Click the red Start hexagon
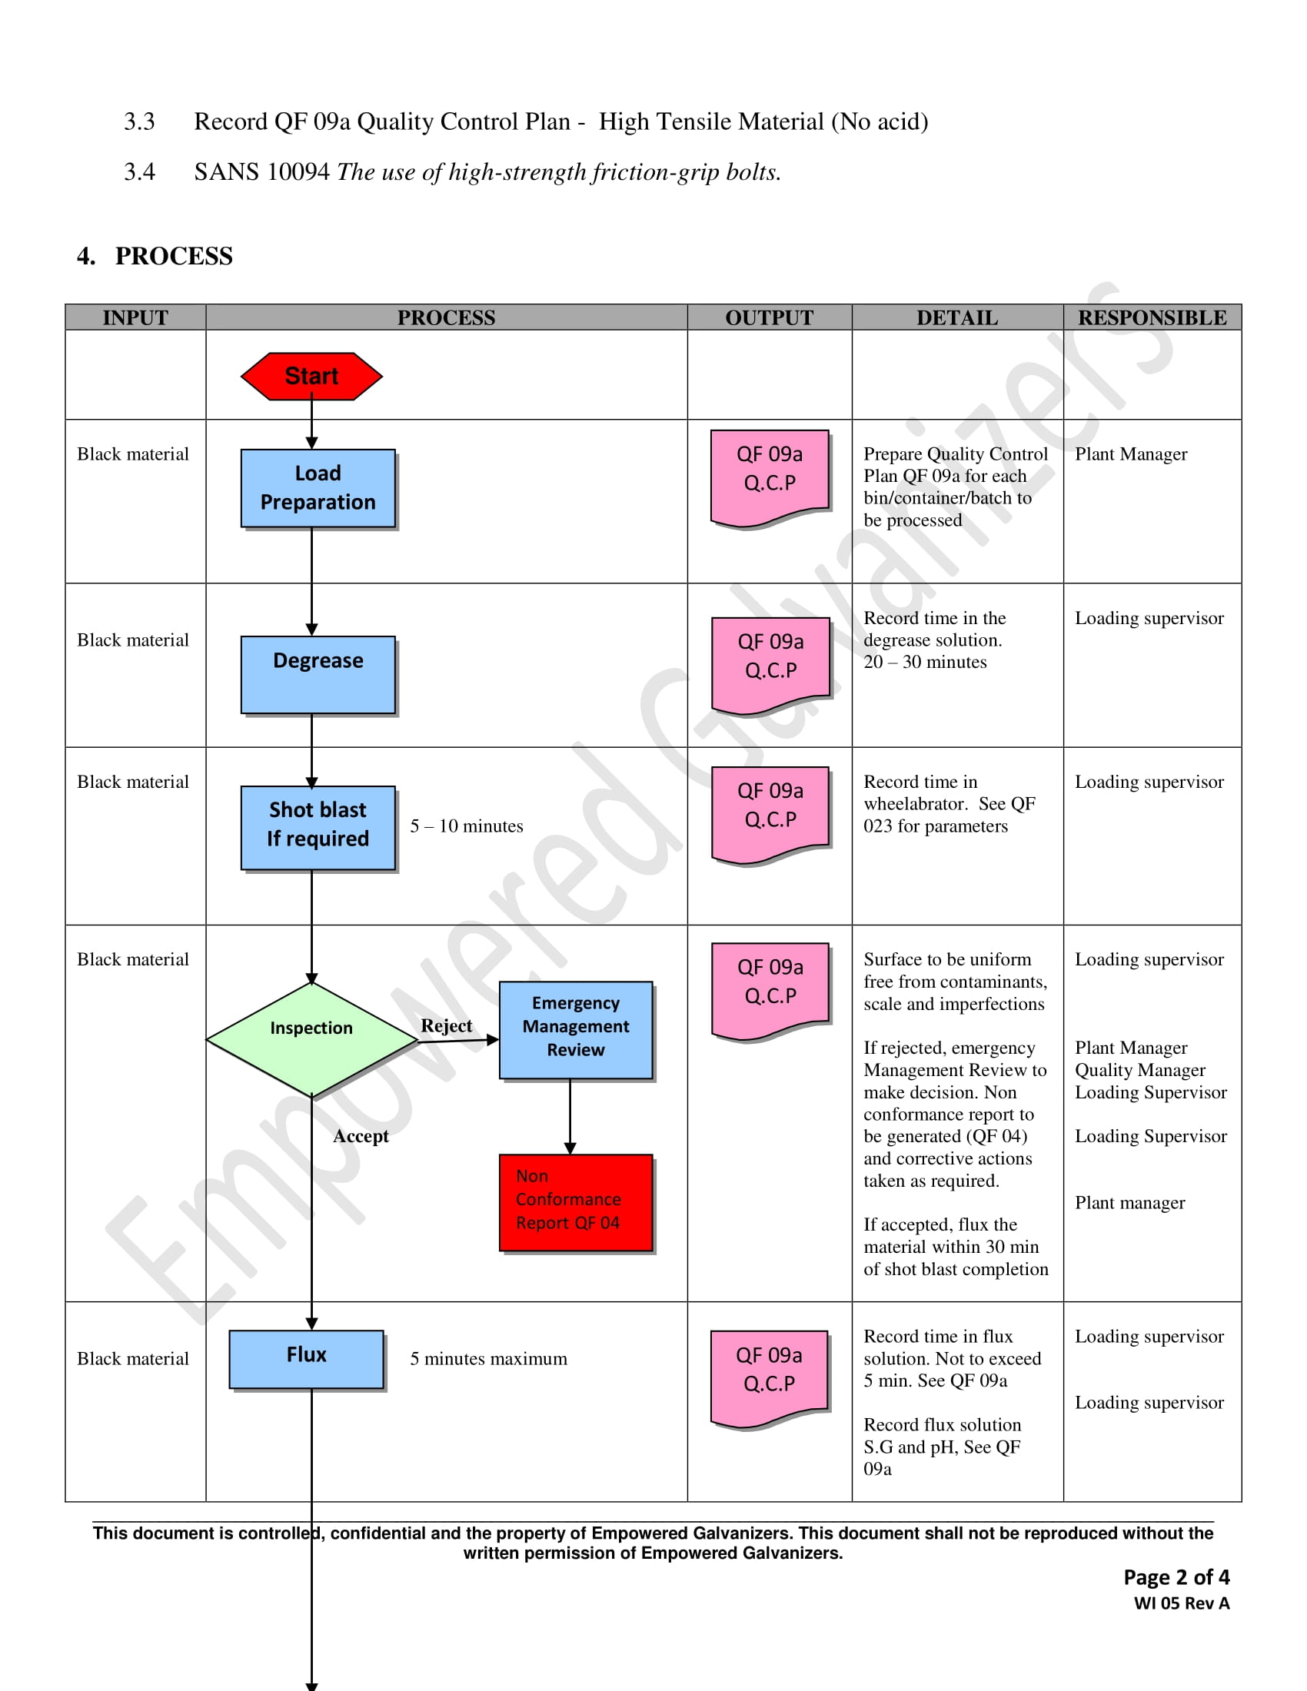(x=311, y=377)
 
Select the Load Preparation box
(x=318, y=488)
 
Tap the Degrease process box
(x=318, y=673)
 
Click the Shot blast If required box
(x=318, y=826)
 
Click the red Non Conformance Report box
(x=575, y=1201)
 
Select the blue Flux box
(x=307, y=1358)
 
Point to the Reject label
(x=446, y=1025)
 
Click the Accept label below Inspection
(x=361, y=1136)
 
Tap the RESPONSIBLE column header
(x=1152, y=317)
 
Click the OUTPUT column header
(x=769, y=317)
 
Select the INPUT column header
(x=135, y=317)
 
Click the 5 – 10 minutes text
(x=466, y=826)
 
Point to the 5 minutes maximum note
(x=488, y=1359)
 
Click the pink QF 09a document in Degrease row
(x=770, y=662)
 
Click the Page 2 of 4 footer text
(x=1176, y=1577)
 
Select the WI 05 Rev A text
(x=1182, y=1603)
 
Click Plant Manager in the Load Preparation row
(x=1130, y=454)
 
